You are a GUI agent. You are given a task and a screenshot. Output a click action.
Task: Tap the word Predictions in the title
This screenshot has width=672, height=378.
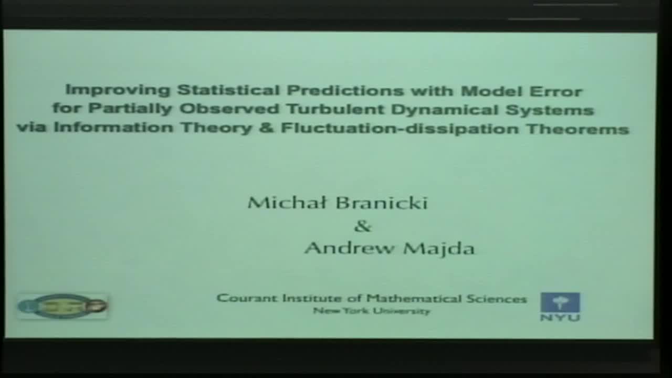point(345,91)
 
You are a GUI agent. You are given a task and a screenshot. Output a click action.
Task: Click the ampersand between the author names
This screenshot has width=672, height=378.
point(363,226)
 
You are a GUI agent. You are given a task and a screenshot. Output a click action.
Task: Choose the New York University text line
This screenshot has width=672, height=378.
point(371,311)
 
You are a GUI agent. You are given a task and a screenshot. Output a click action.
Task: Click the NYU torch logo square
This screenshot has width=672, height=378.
point(560,302)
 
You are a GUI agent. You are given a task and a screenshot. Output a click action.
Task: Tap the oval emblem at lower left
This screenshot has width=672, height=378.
point(63,306)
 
